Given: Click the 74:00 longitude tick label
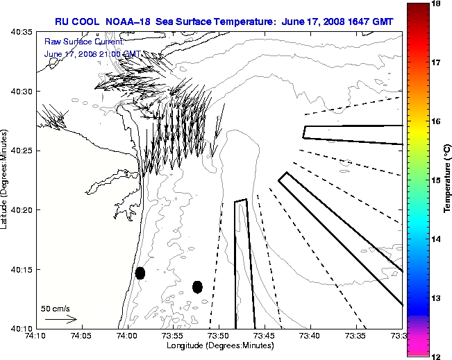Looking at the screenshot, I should coord(127,336).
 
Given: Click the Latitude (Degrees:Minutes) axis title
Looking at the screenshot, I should coord(7,179).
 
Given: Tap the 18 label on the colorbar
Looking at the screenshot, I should coord(437,3).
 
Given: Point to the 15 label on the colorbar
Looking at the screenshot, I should coord(437,180).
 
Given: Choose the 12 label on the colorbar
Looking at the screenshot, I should coord(437,355).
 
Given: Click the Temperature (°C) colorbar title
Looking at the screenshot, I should coord(448,179).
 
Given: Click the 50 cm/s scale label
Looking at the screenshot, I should coord(55,308).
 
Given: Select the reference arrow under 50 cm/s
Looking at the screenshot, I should coord(60,319).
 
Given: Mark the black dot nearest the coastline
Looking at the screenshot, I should coord(140,273).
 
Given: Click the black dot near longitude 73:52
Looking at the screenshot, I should coord(197,286).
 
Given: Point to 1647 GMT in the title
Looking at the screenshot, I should coord(371,22).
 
